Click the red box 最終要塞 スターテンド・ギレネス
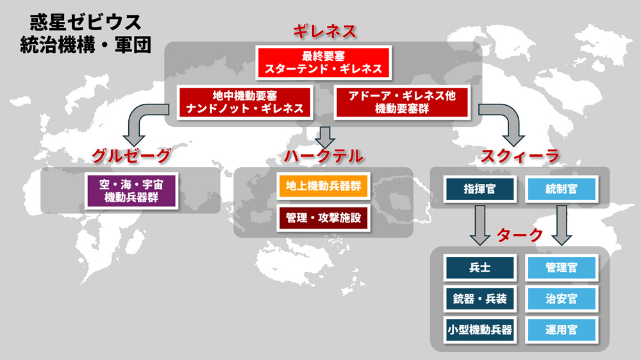pyautogui.click(x=323, y=61)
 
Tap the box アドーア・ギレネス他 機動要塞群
pyautogui.click(x=402, y=101)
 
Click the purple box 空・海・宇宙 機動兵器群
pyautogui.click(x=131, y=189)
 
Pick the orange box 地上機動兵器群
pyautogui.click(x=323, y=186)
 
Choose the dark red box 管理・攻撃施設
pyautogui.click(x=323, y=218)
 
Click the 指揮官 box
pyautogui.click(x=479, y=188)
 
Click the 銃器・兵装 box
pyautogui.click(x=479, y=299)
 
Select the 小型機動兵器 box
pyautogui.click(x=479, y=330)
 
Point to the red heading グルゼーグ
pyautogui.click(x=131, y=155)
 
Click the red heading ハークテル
pyautogui.click(x=323, y=156)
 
